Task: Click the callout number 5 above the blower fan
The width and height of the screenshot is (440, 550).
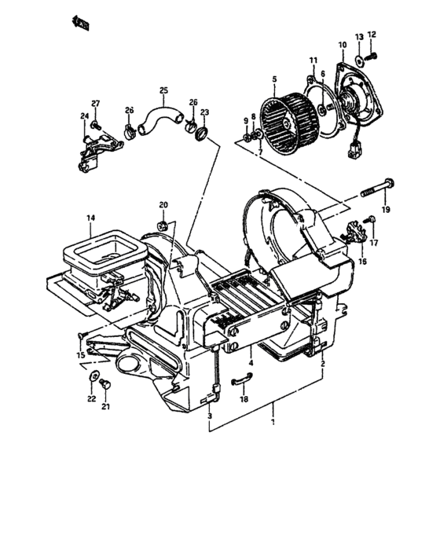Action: coord(274,79)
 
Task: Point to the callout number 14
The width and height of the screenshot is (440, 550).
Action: coord(90,218)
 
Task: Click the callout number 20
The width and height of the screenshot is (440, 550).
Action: coord(164,206)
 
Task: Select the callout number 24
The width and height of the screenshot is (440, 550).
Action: coord(84,116)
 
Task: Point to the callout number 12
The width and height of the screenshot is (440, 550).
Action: coord(372,35)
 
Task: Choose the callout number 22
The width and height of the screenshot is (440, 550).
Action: coord(90,399)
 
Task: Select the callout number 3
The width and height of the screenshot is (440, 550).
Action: coord(210,427)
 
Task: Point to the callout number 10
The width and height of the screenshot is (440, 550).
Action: coord(342,46)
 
